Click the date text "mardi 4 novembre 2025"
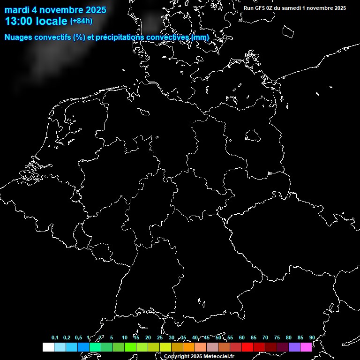point(55,10)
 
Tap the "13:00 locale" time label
point(36,21)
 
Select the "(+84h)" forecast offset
point(81,21)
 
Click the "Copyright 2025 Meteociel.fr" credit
point(199,357)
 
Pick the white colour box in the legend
point(48,347)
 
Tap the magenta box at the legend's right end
point(306,347)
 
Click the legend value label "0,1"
point(55,338)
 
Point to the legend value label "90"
point(312,338)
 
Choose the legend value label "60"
point(241,338)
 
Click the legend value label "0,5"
point(78,338)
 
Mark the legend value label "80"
point(288,338)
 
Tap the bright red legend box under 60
point(247,347)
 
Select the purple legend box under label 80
point(294,347)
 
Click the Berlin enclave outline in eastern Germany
point(253,136)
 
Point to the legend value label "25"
point(159,338)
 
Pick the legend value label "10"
point(124,338)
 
